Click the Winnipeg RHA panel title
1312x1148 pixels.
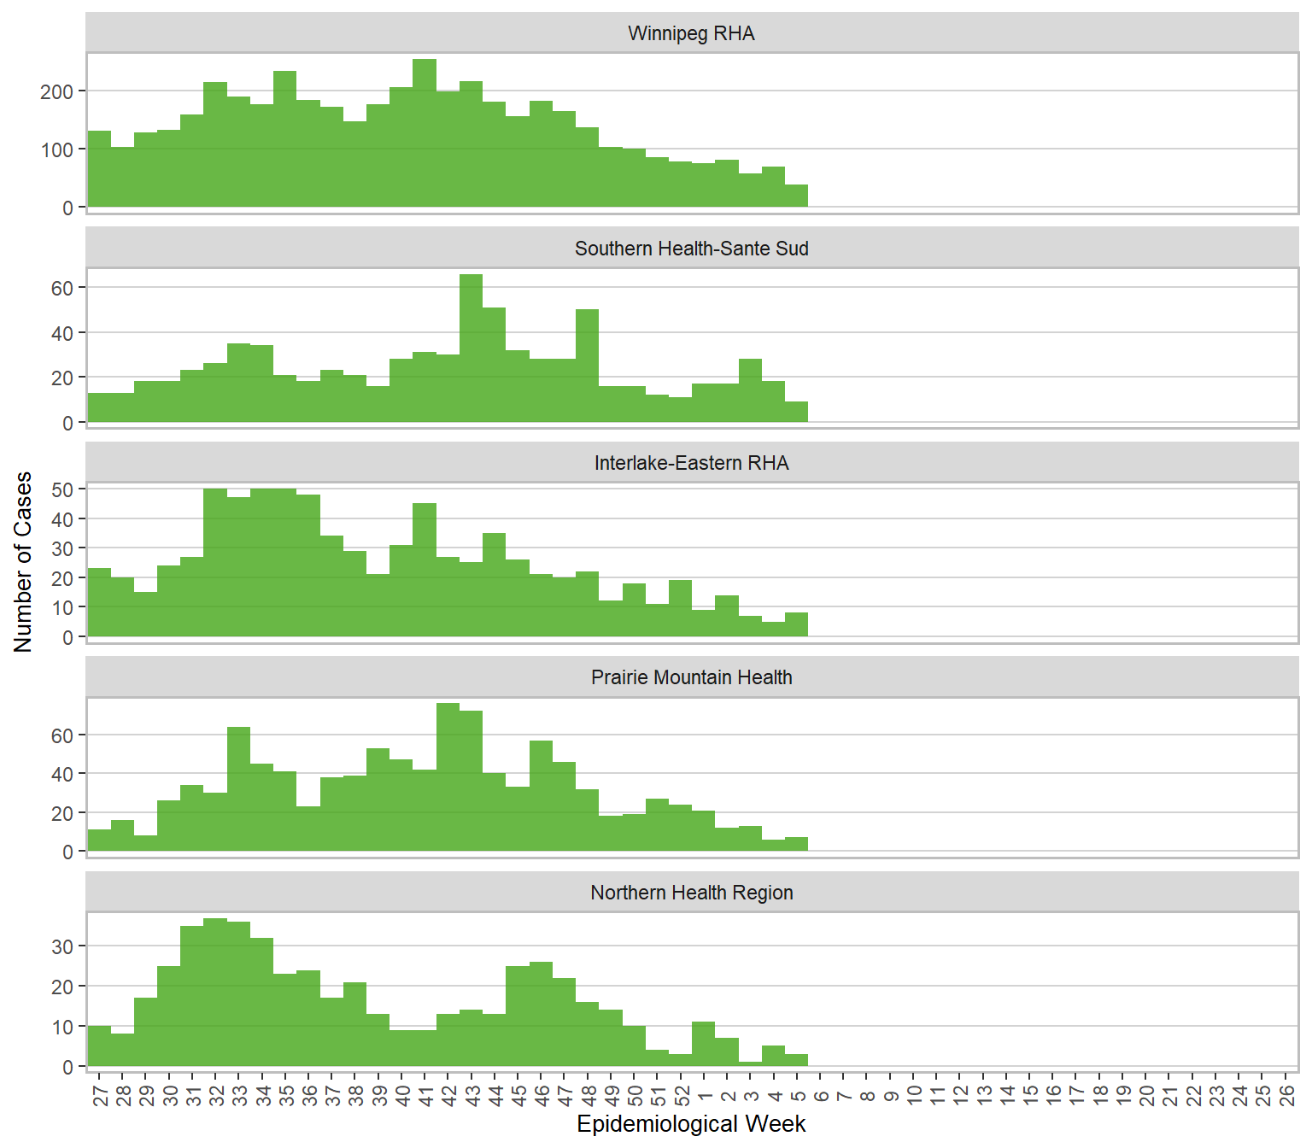tap(691, 33)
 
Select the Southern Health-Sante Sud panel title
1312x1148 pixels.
tap(691, 249)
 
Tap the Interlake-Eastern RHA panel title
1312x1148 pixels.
tap(691, 463)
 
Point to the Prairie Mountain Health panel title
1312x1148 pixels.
tap(691, 677)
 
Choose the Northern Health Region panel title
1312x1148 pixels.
tap(691, 893)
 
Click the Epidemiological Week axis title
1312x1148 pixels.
tap(691, 1124)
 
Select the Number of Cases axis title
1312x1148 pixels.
tap(23, 561)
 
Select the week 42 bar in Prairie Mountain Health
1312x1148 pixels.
tap(448, 777)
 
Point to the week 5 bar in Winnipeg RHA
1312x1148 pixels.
tap(796, 196)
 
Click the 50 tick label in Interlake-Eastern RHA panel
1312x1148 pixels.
tap(62, 489)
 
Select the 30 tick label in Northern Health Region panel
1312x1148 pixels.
tap(62, 946)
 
